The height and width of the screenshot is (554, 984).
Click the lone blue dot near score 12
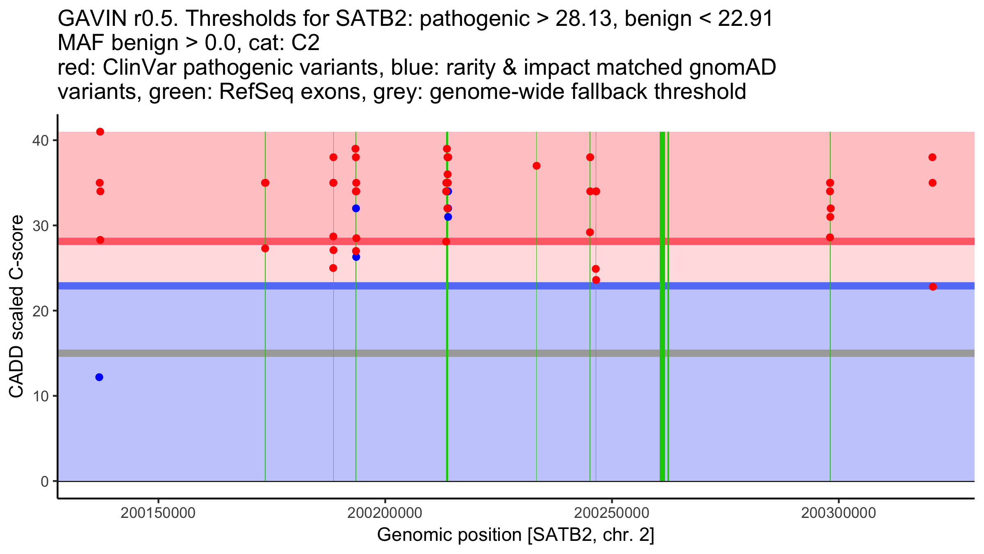(x=99, y=377)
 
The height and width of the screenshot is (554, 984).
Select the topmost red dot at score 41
(x=100, y=132)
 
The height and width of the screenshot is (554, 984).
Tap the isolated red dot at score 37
(x=536, y=166)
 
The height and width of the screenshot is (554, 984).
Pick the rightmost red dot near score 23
(x=933, y=286)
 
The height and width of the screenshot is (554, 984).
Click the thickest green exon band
(x=662, y=306)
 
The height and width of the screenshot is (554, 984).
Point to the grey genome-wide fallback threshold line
(x=516, y=353)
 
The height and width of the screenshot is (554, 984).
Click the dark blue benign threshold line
(x=516, y=286)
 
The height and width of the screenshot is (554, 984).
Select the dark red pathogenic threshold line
(x=516, y=241)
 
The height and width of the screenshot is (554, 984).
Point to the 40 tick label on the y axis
(x=41, y=140)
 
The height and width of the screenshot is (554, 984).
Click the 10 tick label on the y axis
(x=41, y=396)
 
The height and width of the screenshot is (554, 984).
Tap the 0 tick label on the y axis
(x=45, y=481)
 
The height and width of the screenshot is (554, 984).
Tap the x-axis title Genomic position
(x=516, y=535)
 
